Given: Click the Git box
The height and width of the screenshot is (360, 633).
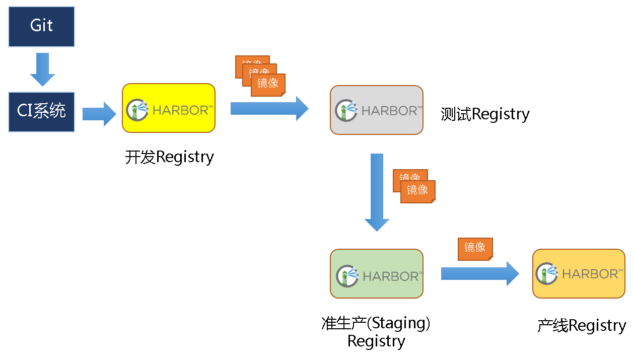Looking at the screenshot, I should (x=42, y=26).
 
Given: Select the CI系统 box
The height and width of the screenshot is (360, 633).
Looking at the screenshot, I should (x=42, y=112).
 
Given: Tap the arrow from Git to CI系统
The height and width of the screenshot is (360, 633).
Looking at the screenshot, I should (x=42, y=69).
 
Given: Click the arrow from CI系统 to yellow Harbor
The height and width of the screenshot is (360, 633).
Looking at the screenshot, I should (x=99, y=114).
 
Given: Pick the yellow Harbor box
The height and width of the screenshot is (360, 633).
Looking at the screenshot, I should (x=169, y=108).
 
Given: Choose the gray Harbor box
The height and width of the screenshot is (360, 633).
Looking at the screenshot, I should (x=376, y=110).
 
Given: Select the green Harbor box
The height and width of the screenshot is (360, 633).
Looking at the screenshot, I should (x=376, y=274).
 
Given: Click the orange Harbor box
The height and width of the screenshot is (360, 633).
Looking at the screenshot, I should (x=579, y=274).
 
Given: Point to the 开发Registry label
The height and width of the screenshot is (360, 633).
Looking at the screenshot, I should (x=169, y=157).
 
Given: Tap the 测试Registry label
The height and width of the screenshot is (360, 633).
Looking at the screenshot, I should (x=485, y=114).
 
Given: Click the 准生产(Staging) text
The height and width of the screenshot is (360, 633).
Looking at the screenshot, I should (x=376, y=323).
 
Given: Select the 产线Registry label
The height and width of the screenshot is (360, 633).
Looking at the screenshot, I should (x=582, y=326).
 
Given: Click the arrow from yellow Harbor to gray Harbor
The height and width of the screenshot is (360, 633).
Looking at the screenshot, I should (x=269, y=108).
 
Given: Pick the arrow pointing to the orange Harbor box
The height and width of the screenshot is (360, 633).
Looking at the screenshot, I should (x=479, y=273).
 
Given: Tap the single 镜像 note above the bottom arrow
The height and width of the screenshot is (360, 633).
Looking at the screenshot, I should (x=475, y=248).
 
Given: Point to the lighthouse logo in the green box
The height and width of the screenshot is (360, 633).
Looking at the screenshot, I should (x=347, y=276).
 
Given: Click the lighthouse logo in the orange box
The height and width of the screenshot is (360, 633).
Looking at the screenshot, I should (x=547, y=274).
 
